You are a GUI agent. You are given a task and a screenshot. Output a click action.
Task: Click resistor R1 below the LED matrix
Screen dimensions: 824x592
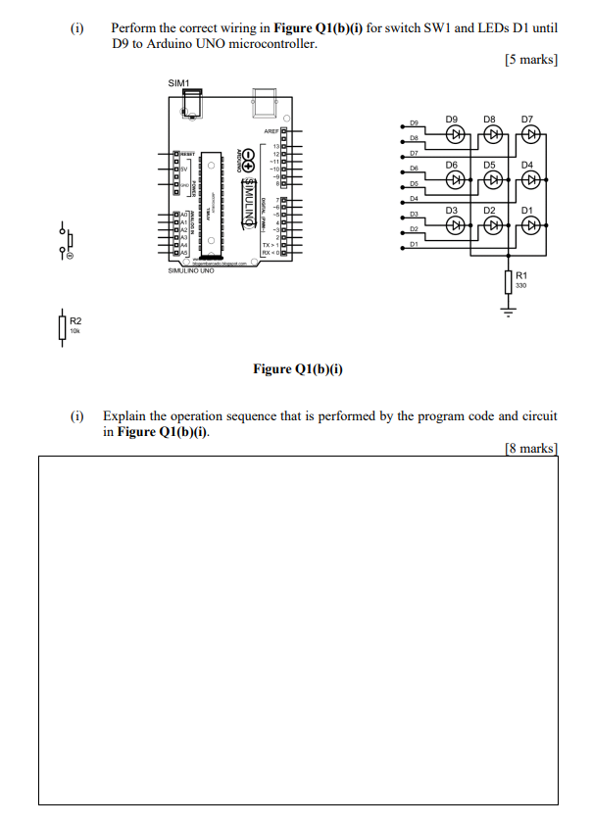coord(508,280)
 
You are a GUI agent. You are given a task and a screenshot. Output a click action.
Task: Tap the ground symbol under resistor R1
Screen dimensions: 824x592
coord(508,311)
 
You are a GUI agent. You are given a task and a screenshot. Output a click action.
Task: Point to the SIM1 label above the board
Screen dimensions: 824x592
coord(179,83)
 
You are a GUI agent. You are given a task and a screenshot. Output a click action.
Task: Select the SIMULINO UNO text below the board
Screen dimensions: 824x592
coord(192,269)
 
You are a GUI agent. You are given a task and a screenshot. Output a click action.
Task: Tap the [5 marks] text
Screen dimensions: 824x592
coord(530,61)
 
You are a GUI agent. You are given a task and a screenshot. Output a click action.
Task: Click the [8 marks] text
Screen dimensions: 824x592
coord(530,448)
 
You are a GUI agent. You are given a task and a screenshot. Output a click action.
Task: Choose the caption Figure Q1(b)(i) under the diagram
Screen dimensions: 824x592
coord(297,369)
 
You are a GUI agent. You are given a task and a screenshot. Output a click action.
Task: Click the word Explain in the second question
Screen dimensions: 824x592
coord(124,416)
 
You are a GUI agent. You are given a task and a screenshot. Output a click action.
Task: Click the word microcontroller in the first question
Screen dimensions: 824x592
coord(273,45)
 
